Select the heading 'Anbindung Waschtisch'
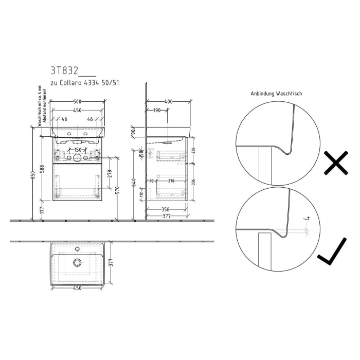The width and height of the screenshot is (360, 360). [276, 94]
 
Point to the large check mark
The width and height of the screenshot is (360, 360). [335, 254]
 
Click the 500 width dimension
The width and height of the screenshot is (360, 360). [79, 102]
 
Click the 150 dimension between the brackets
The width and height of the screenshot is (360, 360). [77, 149]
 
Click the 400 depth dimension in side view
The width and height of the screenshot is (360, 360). [168, 102]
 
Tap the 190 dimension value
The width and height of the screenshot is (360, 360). [157, 110]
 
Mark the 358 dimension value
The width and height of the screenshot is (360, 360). [165, 209]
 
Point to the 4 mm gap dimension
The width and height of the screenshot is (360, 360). [308, 219]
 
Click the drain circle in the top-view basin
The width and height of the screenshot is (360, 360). [77, 263]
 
